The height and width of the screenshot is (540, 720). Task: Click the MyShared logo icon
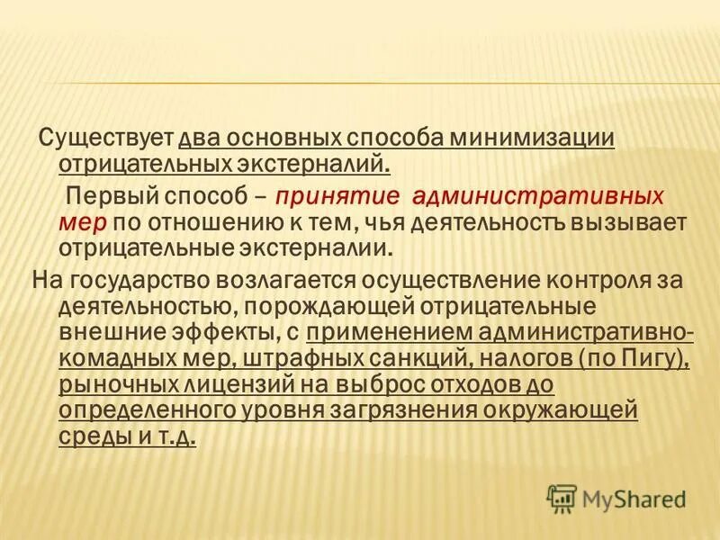(x=562, y=497)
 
